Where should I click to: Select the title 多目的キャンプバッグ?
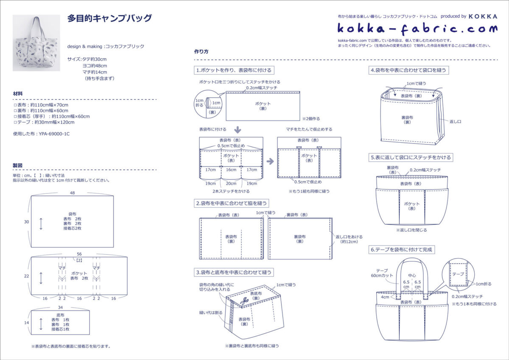109,19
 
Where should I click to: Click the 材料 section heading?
18,93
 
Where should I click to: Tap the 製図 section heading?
18,166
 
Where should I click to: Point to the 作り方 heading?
201,52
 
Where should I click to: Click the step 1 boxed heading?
233,70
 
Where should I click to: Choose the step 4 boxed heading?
408,70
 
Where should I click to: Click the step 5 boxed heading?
411,157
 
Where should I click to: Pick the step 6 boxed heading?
402,250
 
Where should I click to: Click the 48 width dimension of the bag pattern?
72,193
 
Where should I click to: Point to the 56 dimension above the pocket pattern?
79,253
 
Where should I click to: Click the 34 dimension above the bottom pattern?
60,307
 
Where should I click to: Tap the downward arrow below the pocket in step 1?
238,129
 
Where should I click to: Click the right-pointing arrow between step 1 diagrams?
270,161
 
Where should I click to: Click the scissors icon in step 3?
244,301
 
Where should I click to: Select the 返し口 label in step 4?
455,121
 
